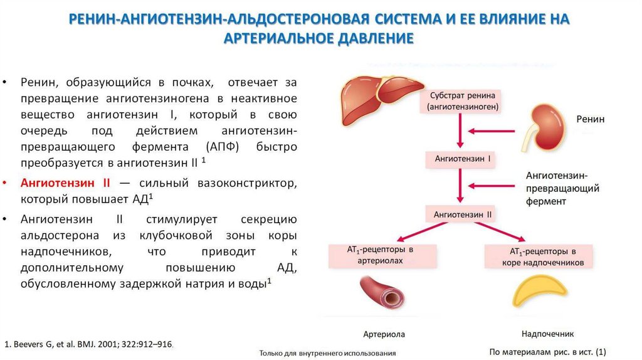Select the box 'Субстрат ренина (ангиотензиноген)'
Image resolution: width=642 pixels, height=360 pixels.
tap(463, 102)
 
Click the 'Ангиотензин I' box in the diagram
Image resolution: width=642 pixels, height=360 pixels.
tap(463, 159)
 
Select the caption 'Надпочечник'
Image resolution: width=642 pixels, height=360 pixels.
tap(547, 334)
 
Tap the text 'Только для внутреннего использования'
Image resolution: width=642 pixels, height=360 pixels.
tap(327, 354)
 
